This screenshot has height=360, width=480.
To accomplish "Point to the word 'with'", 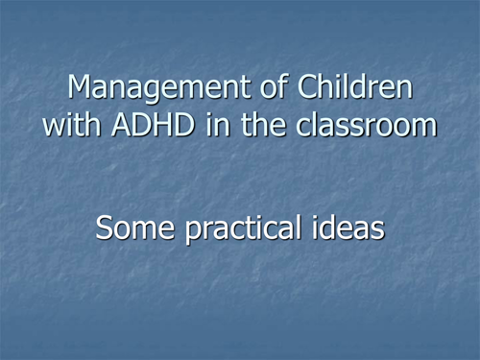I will pyautogui.click(x=70, y=126).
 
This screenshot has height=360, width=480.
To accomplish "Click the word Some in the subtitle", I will pyautogui.click(x=136, y=228).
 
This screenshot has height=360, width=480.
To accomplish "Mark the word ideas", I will pyautogui.click(x=351, y=228).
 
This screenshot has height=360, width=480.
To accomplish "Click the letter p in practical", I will pyautogui.click(x=190, y=232).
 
